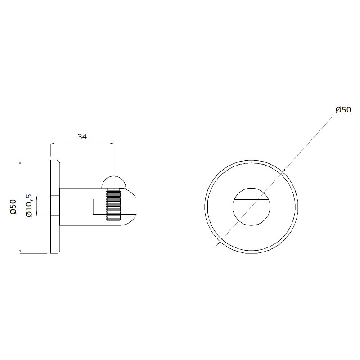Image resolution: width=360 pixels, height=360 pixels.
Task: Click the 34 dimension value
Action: (82, 137)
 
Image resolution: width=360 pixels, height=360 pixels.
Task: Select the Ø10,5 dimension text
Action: (30, 205)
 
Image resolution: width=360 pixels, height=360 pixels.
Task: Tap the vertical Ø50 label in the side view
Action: (13, 207)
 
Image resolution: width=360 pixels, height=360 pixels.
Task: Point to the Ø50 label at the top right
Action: (343, 110)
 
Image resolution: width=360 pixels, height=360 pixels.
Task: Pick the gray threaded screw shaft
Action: (114, 204)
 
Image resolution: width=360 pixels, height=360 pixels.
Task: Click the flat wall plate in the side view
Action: (55, 207)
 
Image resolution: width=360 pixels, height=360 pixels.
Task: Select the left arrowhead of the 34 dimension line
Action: (52, 144)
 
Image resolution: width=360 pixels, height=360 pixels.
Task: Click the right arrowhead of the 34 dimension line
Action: (112, 144)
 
